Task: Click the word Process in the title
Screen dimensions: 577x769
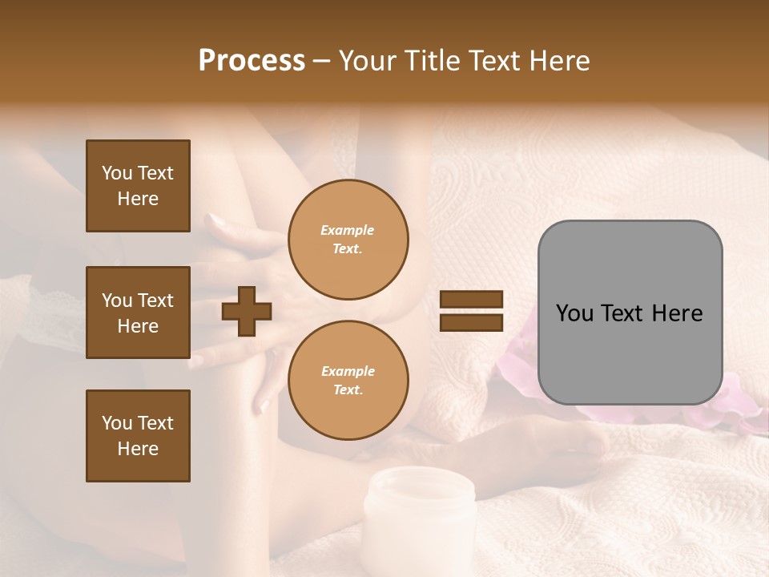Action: pos(252,60)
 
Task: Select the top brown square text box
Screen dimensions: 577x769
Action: pos(138,186)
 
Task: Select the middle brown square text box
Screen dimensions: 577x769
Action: pos(138,313)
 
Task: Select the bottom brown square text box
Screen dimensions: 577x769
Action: pos(138,435)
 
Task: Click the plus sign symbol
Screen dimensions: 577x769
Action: pos(247,311)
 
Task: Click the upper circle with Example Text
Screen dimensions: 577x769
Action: pos(348,239)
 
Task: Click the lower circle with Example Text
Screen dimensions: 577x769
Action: pos(348,380)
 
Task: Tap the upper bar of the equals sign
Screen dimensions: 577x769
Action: pos(471,300)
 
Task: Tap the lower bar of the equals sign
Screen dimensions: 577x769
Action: pos(471,322)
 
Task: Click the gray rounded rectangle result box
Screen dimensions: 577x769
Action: pos(630,313)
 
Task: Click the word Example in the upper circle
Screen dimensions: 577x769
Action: pos(348,230)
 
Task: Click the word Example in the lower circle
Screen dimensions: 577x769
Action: pos(348,371)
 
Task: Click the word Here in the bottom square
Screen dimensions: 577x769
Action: pos(138,449)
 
